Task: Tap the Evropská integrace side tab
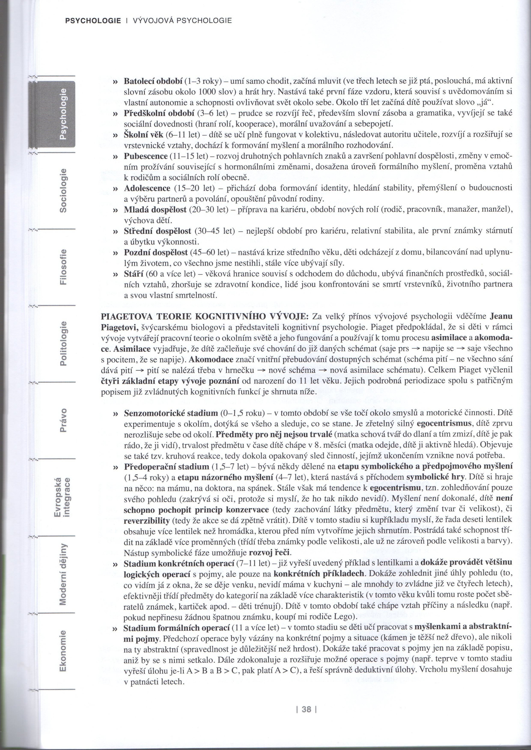coord(62,497)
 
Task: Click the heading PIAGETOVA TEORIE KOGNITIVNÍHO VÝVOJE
coord(205,317)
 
